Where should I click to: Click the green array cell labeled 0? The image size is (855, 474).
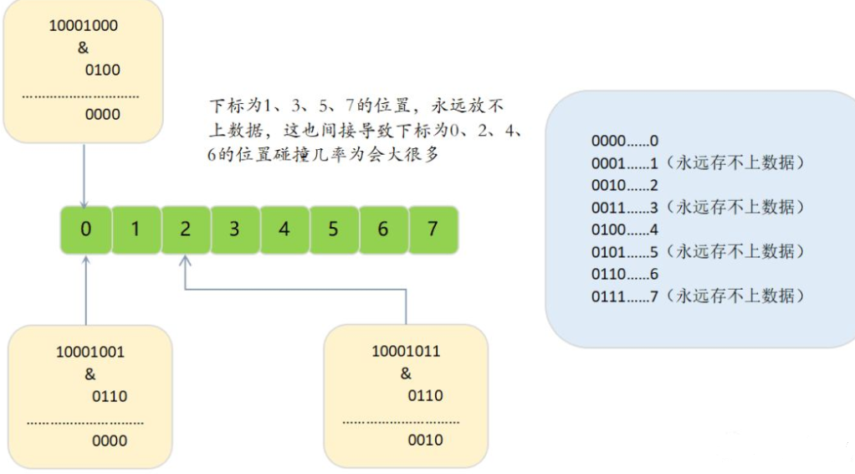pyautogui.click(x=86, y=229)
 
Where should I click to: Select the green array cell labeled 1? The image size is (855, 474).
pyautogui.click(x=136, y=229)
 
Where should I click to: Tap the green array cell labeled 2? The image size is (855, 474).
pyautogui.click(x=185, y=229)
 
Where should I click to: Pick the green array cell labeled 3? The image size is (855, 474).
pyautogui.click(x=234, y=229)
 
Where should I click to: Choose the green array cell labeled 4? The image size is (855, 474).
pyautogui.click(x=284, y=229)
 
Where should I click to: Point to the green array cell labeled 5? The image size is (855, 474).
pyautogui.click(x=333, y=229)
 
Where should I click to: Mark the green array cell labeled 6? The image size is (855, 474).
pyautogui.click(x=382, y=229)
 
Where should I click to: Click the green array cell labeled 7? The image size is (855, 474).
pyautogui.click(x=433, y=229)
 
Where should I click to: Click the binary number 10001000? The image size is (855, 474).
pyautogui.click(x=84, y=26)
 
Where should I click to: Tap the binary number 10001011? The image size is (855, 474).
pyautogui.click(x=406, y=352)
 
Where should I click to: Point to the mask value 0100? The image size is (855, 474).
pyautogui.click(x=103, y=70)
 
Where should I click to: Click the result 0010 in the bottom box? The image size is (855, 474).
pyautogui.click(x=426, y=440)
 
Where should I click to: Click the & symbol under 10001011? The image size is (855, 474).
pyautogui.click(x=406, y=374)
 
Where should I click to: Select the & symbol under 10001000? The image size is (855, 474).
pyautogui.click(x=83, y=48)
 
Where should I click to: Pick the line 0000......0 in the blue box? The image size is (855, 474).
pyautogui.click(x=625, y=142)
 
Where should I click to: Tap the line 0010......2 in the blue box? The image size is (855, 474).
pyautogui.click(x=625, y=185)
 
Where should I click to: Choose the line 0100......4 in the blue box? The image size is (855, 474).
pyautogui.click(x=625, y=229)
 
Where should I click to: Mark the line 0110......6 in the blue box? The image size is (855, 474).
pyautogui.click(x=625, y=273)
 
